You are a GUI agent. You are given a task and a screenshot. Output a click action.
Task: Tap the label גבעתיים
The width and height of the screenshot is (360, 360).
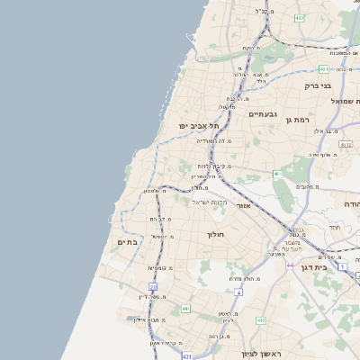click(x=265, y=114)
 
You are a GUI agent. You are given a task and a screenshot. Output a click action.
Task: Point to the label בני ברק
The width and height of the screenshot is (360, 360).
click(x=318, y=86)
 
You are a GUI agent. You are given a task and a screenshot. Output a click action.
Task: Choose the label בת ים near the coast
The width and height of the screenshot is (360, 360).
click(x=126, y=242)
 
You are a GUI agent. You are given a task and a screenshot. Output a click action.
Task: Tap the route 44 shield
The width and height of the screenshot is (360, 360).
click(x=291, y=265)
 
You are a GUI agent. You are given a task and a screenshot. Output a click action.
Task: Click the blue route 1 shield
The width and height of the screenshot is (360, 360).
click(x=342, y=267)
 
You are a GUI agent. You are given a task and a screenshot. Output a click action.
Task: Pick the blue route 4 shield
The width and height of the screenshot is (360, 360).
click(x=238, y=292)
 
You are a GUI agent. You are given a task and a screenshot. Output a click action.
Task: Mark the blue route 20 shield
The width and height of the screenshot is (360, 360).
click(x=153, y=287)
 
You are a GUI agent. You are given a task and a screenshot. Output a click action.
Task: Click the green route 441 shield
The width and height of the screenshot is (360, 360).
click(x=185, y=309)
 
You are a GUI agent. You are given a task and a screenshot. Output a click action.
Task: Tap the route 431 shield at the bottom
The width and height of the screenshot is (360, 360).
click(x=186, y=356)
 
